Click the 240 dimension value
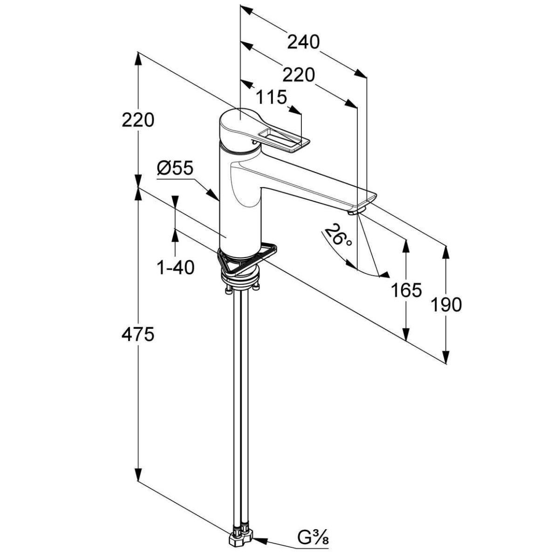coord(303,42)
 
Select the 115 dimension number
coord(271,97)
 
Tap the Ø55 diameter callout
coord(175,168)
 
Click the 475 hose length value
coord(137,334)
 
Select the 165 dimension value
coord(406,290)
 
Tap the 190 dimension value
coord(446,305)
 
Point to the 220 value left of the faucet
coord(137,121)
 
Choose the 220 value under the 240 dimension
coord(299,75)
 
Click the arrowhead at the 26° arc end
coord(384,275)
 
